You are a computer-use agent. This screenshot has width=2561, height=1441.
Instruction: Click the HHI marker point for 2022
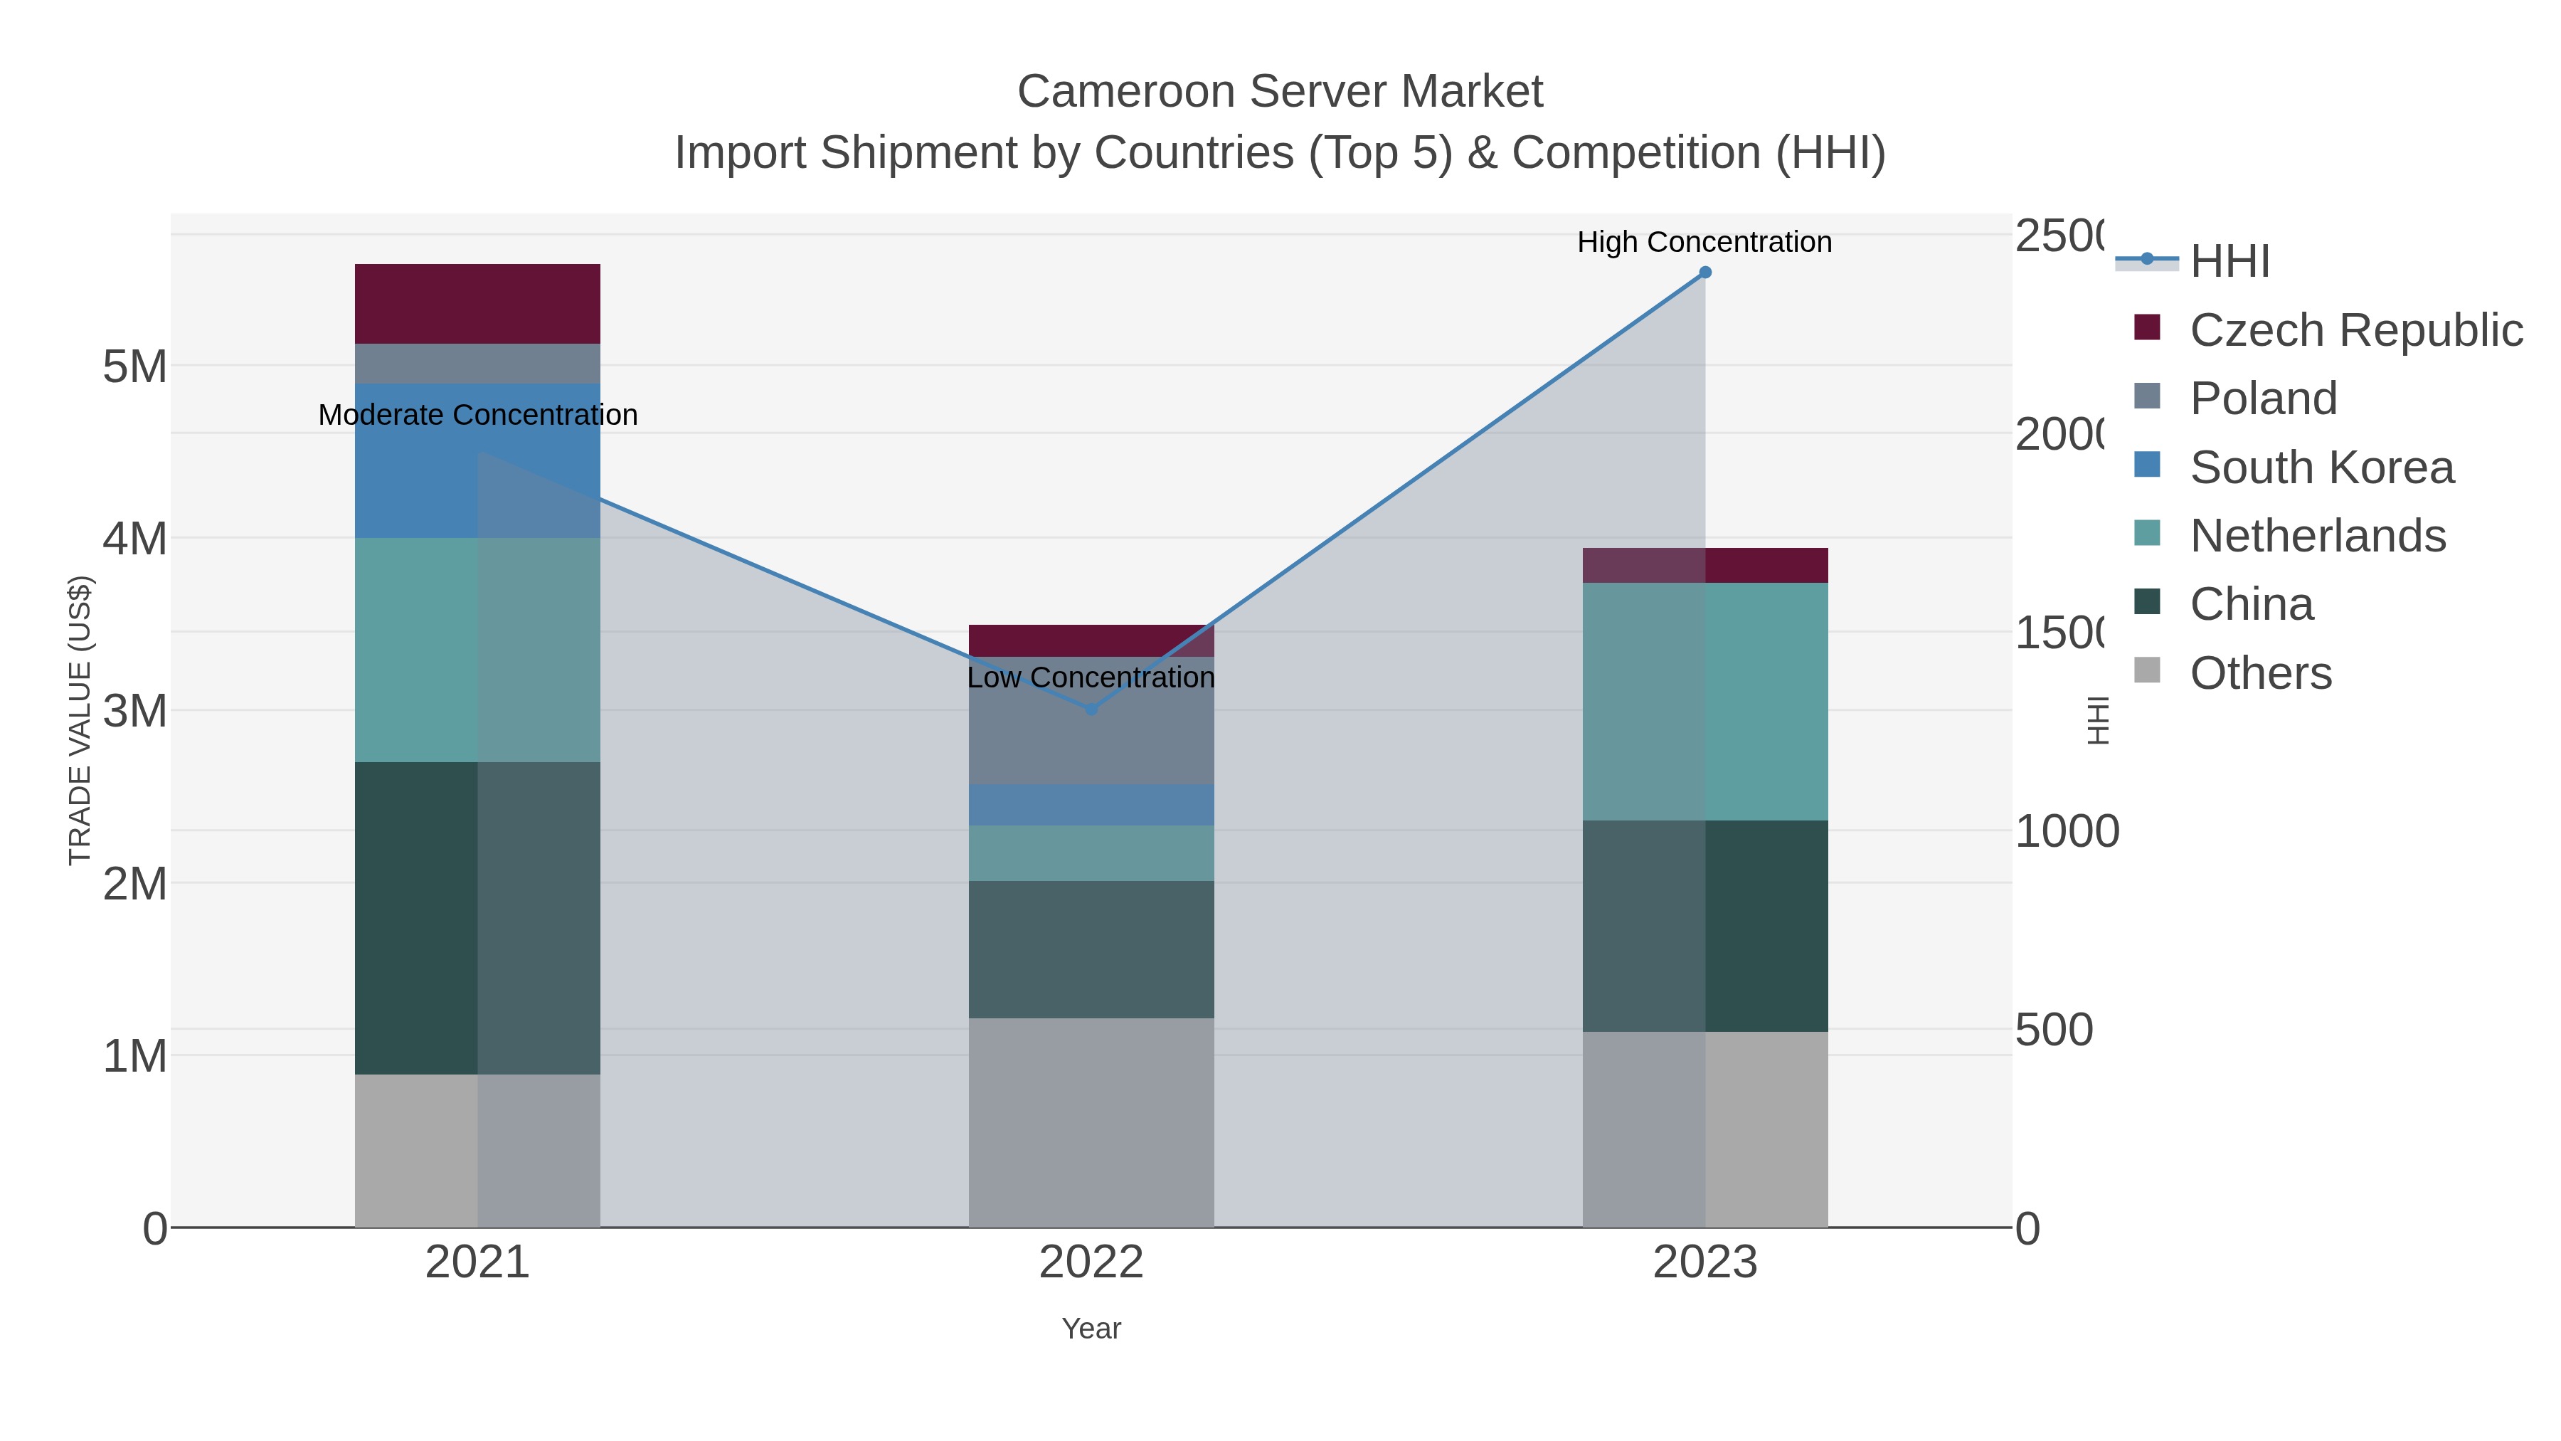tap(1091, 709)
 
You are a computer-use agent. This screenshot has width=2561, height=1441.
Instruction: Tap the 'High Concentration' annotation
tap(1704, 243)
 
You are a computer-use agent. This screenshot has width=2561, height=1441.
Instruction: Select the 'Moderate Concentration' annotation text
tap(477, 416)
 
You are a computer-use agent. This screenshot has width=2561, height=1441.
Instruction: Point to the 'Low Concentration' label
tap(1091, 678)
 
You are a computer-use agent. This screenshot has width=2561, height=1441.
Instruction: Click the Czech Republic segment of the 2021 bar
tap(477, 303)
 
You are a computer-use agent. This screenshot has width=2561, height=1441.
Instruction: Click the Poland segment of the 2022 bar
tap(1091, 736)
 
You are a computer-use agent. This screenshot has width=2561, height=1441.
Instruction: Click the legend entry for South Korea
tap(2321, 468)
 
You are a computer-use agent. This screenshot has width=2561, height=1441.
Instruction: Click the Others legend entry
tap(2260, 673)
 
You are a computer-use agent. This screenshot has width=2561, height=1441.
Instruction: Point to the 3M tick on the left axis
tap(135, 711)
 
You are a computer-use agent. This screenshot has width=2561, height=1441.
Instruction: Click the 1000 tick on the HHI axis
tap(2066, 831)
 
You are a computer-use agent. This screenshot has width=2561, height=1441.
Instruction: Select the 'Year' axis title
tap(1091, 1329)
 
